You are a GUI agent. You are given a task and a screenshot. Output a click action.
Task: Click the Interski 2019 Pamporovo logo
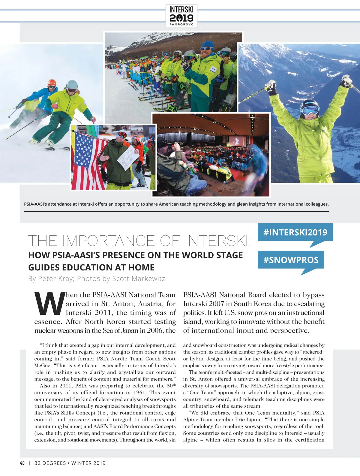pos(181,16)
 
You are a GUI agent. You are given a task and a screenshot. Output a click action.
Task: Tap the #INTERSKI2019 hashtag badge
pos(295,232)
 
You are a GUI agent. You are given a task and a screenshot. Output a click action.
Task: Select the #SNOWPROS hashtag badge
pos(291,260)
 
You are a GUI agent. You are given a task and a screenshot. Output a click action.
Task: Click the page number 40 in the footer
pos(22,463)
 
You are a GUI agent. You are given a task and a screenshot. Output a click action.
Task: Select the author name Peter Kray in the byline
pos(55,279)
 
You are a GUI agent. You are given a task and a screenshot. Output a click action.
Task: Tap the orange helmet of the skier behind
pos(52,83)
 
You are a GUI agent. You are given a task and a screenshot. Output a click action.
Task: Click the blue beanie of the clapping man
pos(207,45)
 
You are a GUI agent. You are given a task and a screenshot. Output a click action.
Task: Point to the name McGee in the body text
pos(42,366)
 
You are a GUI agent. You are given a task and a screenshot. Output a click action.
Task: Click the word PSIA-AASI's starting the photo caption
pos(35,204)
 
